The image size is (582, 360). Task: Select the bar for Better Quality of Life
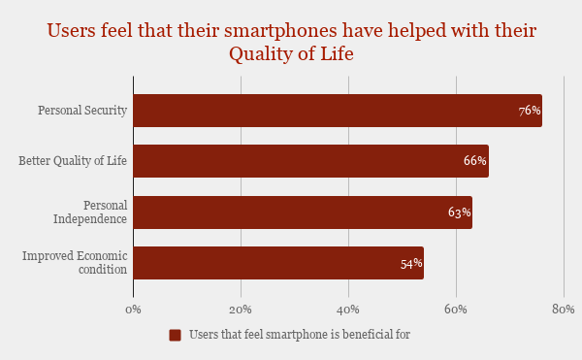(x=310, y=161)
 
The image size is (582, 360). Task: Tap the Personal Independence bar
(x=302, y=213)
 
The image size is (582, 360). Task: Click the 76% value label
(x=530, y=111)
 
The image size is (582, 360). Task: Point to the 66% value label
(x=475, y=161)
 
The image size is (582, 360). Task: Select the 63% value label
(x=460, y=213)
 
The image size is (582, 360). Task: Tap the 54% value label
(x=411, y=263)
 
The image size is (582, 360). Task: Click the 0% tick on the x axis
(x=134, y=309)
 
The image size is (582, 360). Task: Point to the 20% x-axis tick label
(x=241, y=309)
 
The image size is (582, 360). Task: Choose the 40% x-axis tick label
(x=348, y=309)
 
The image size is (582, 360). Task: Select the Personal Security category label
(x=82, y=111)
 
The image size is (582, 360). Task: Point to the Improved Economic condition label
(x=75, y=263)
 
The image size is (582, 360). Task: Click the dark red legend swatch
(x=176, y=335)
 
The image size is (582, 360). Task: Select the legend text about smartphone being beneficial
(x=300, y=335)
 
